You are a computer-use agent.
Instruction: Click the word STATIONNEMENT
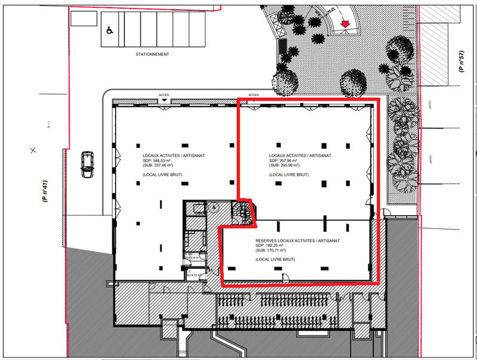click(152, 54)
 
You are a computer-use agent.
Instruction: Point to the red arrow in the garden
click(345, 23)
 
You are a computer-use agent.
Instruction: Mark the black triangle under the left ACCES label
click(164, 100)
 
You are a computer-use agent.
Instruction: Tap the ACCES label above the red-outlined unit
click(253, 95)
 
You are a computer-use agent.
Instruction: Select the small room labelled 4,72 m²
click(194, 275)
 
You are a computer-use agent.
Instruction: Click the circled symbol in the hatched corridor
click(213, 207)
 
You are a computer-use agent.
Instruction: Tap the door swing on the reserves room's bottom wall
click(286, 278)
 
